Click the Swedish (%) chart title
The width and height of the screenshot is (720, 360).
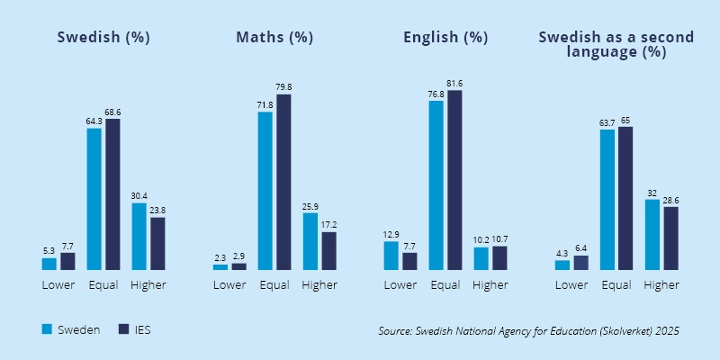(103, 38)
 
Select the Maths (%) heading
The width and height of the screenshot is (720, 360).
(274, 38)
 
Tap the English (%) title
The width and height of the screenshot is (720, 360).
(445, 38)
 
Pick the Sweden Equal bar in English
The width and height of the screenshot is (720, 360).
(436, 185)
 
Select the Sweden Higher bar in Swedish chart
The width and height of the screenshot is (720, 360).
(139, 236)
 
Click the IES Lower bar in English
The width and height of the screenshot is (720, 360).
(409, 261)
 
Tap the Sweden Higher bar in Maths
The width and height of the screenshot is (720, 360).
(310, 241)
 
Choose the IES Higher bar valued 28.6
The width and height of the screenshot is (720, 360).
(670, 238)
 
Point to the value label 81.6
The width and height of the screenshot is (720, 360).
(454, 84)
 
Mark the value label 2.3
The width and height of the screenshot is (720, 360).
(220, 258)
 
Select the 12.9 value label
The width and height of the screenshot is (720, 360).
(391, 235)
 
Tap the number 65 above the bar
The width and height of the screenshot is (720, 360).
(625, 120)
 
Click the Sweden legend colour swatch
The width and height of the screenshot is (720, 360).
(48, 329)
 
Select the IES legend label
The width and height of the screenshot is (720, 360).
(142, 330)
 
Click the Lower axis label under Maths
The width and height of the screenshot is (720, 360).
(229, 285)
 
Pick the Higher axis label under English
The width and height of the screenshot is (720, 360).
(490, 285)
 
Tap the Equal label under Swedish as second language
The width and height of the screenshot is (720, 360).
(616, 285)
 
